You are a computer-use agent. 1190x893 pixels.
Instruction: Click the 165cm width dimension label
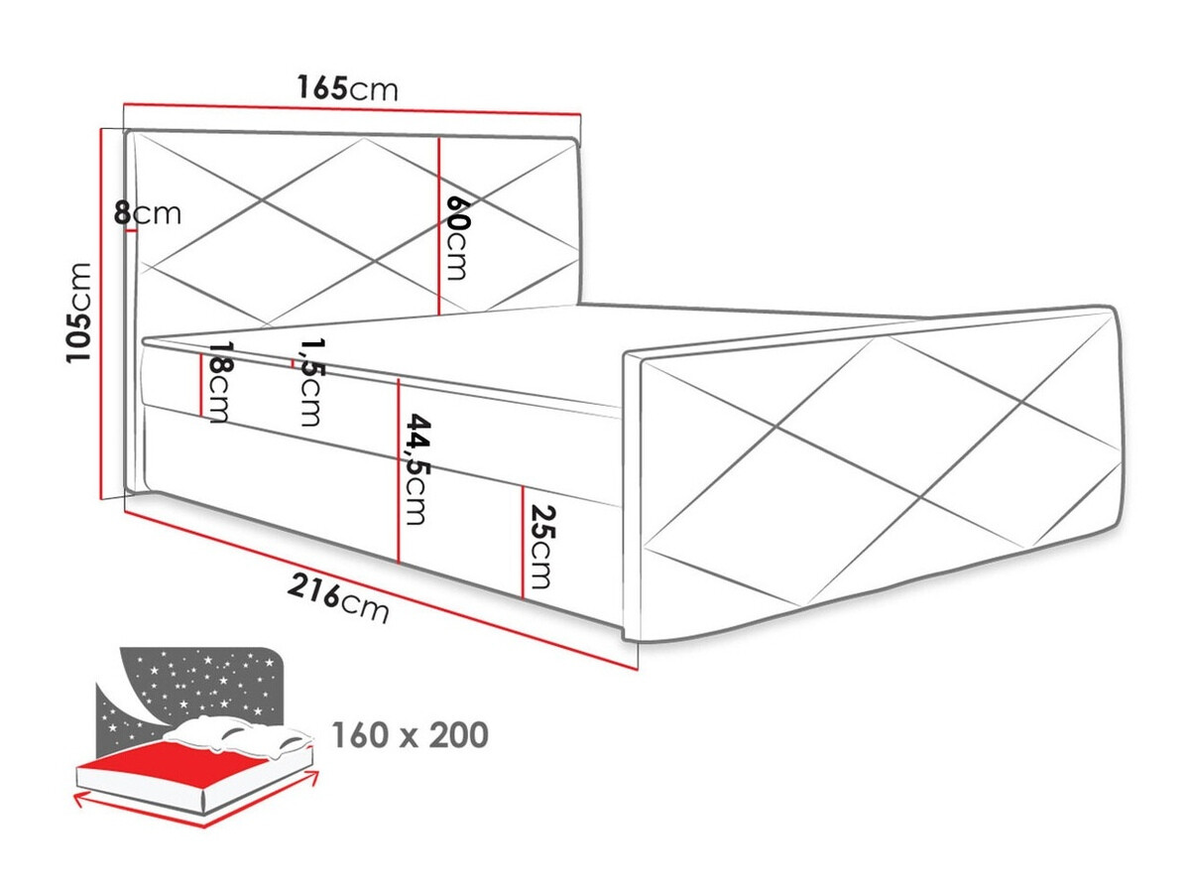tap(347, 88)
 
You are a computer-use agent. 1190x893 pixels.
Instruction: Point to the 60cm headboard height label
tap(456, 237)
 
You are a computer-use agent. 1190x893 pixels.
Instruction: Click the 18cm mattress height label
tap(218, 389)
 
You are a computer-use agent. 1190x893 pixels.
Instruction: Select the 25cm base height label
tap(539, 547)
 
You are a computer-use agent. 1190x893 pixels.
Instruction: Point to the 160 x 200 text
tap(410, 735)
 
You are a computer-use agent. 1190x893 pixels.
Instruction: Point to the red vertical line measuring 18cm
tap(201, 385)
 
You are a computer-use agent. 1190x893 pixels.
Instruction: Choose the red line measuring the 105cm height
tap(103, 313)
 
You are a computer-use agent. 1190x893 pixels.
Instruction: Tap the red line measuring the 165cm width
tap(352, 109)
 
